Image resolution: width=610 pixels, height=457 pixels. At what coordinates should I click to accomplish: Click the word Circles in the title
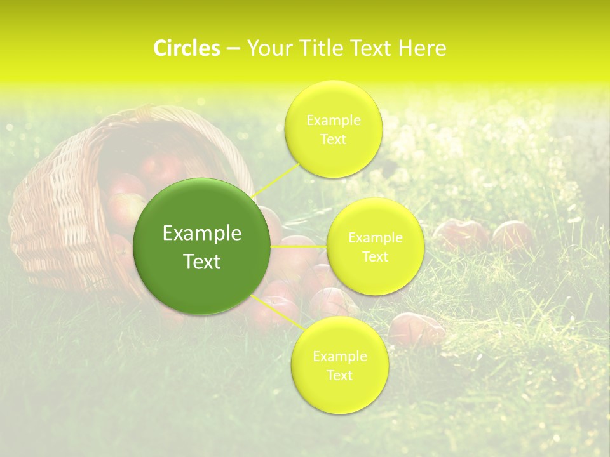186,48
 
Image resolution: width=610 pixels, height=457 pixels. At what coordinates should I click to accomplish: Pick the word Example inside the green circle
202,234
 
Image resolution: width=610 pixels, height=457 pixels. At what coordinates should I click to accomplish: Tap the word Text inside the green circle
202,262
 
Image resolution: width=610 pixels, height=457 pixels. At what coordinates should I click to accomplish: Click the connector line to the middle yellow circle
299,246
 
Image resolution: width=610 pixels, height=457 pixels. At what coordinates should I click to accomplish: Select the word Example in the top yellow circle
333,121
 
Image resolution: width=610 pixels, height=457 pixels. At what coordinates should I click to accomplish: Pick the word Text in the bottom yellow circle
339,375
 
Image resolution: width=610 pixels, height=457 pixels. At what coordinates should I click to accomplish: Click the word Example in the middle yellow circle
375,238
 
